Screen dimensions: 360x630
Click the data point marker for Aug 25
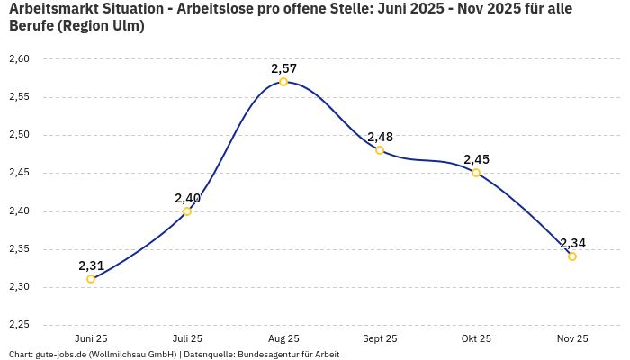[283, 82]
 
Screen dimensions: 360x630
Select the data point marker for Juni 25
[91, 279]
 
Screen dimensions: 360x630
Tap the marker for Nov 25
[572, 256]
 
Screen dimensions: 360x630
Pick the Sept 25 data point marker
[380, 150]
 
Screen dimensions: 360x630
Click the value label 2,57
[283, 68]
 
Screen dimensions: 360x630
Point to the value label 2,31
[91, 265]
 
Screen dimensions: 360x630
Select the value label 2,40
[187, 198]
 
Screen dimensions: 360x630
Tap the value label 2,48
[380, 137]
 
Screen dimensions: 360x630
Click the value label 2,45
[476, 159]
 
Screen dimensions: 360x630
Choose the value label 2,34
[572, 243]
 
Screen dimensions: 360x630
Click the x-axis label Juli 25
[187, 338]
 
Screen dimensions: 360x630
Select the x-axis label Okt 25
[476, 338]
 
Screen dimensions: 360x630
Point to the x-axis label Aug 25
[283, 338]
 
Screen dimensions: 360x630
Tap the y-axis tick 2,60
[19, 59]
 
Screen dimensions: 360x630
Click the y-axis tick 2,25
[19, 325]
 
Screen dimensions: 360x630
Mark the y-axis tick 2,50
[19, 135]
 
